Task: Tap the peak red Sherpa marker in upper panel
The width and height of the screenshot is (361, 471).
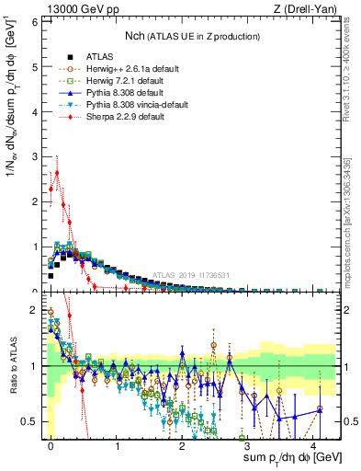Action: [x=57, y=172]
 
